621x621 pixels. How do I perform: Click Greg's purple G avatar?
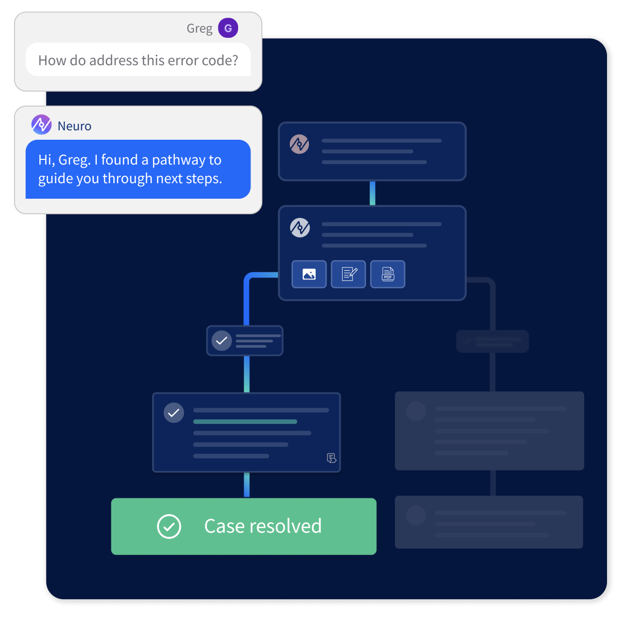point(228,28)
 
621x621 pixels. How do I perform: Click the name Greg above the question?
point(199,28)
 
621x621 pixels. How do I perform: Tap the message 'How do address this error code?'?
point(138,60)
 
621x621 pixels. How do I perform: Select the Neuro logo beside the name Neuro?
point(41,125)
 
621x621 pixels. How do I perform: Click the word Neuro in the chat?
point(75,126)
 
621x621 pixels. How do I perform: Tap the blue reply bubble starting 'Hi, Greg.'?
point(138,169)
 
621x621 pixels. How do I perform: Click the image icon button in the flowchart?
point(309,274)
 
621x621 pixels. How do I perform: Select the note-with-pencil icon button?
point(348,274)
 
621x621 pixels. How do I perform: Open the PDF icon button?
point(388,274)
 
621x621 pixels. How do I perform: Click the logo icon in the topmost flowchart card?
point(299,144)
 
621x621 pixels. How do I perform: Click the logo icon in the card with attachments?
point(300,228)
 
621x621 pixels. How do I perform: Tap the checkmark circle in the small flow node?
point(221,341)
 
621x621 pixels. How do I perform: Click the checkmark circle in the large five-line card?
point(173,413)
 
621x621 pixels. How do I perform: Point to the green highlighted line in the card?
point(245,422)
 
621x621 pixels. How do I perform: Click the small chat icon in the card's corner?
point(331,458)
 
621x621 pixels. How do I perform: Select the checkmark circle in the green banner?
point(169,526)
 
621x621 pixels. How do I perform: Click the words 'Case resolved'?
point(263,526)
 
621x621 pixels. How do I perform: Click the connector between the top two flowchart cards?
point(372,193)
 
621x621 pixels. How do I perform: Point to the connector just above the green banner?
point(246,485)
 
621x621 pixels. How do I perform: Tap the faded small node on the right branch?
point(492,342)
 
